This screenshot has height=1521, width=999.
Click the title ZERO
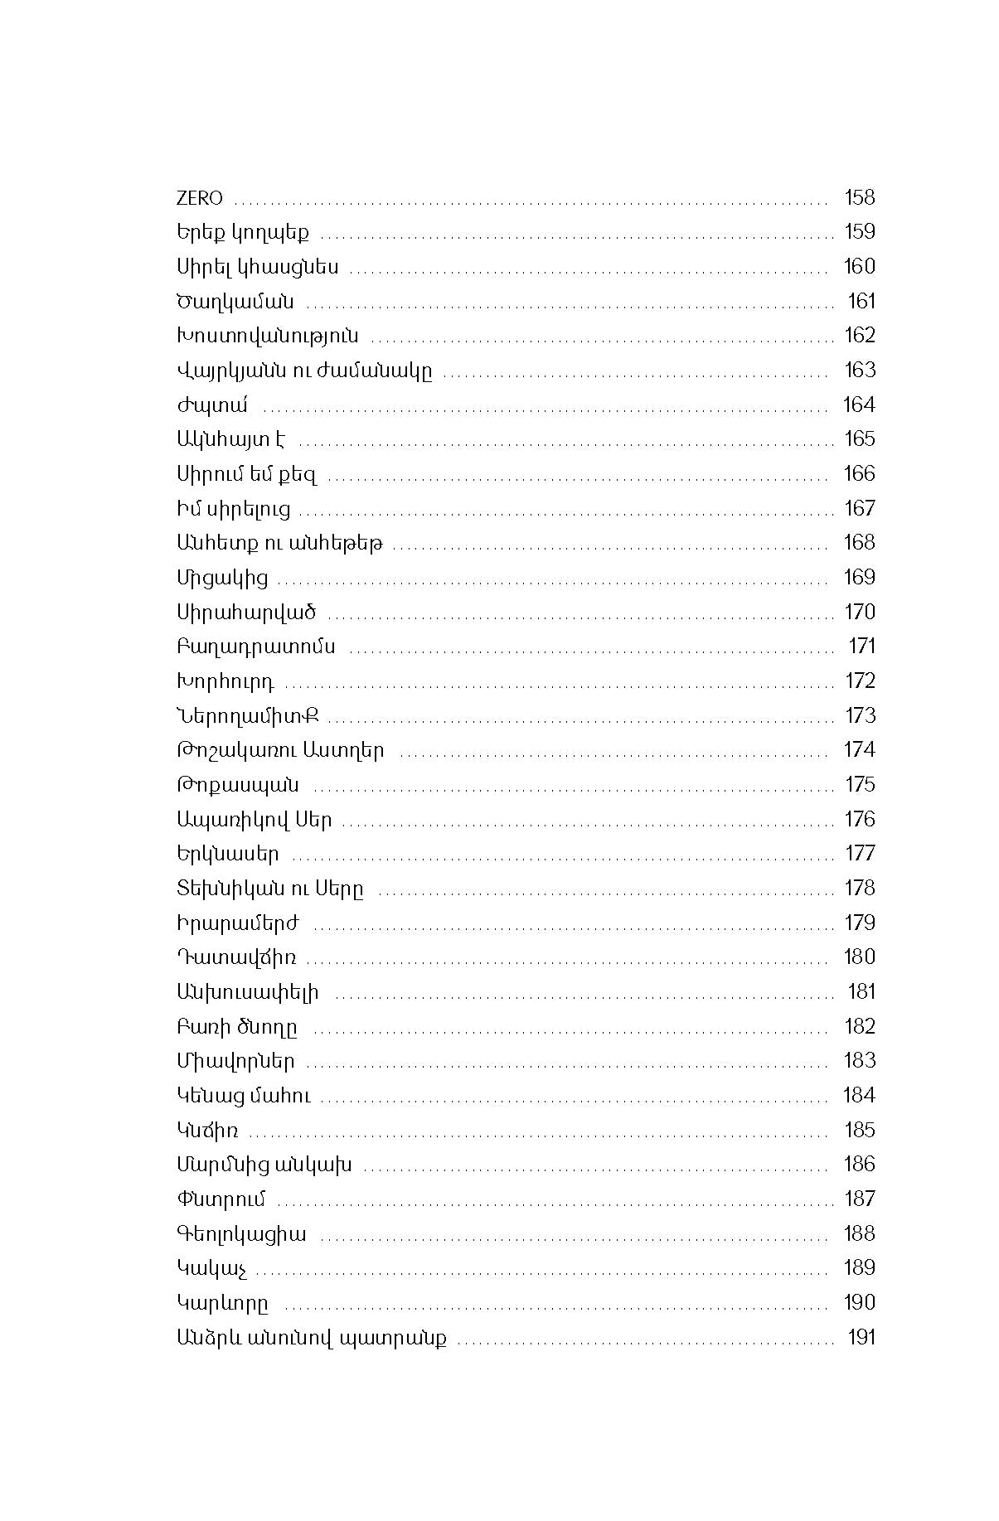point(200,198)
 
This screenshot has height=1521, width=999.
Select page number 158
point(859,197)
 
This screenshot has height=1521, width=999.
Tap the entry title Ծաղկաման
point(235,302)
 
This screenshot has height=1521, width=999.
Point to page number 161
point(861,301)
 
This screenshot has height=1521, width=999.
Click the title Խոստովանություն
point(267,336)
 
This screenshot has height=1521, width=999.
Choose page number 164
point(859,404)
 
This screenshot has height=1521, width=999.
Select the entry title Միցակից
point(222,578)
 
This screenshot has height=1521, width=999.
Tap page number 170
point(859,612)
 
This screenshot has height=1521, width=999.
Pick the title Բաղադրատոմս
point(256,647)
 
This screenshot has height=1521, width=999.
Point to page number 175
point(860,784)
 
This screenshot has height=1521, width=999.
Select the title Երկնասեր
point(228,854)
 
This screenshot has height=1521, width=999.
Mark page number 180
point(859,957)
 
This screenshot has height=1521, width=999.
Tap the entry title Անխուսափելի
point(247,992)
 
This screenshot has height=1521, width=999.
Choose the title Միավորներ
point(235,1061)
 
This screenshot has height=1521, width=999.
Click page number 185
point(859,1130)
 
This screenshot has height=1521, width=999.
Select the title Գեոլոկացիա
point(241,1234)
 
